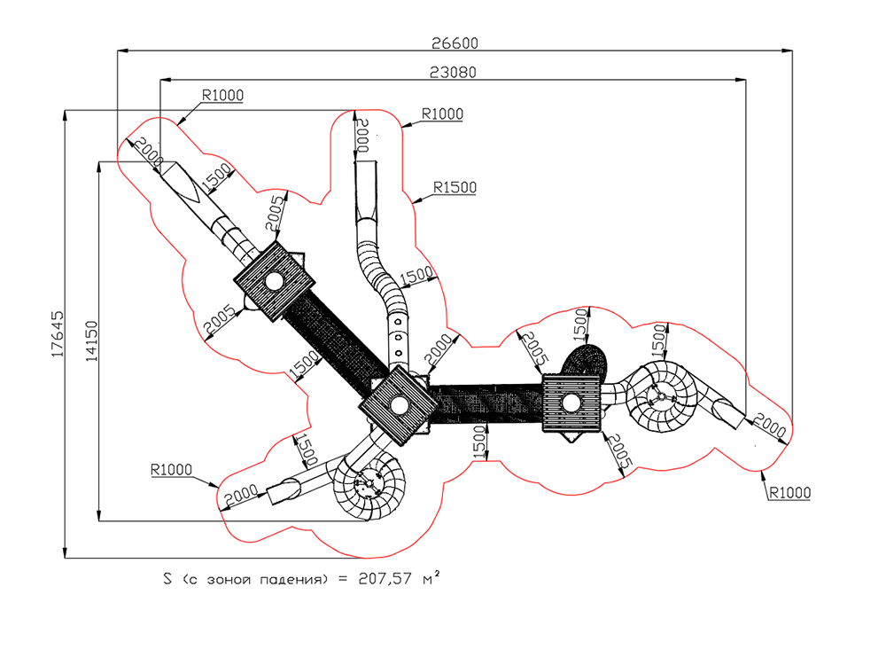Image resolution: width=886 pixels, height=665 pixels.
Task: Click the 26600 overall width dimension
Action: coord(455,43)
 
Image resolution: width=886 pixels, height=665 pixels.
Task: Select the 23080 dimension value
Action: coord(453,73)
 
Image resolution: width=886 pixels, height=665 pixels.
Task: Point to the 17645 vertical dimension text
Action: coord(58,333)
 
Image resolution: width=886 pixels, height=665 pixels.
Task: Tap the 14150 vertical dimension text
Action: coord(91,341)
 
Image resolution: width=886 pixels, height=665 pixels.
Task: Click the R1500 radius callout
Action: coord(455,187)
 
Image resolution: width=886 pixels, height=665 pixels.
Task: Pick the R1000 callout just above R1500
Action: coord(442,113)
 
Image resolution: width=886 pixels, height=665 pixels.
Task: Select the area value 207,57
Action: coord(385,579)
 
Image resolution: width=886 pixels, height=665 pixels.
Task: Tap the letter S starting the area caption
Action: coord(167,578)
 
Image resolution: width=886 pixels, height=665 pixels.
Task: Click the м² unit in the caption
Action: coord(431,578)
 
